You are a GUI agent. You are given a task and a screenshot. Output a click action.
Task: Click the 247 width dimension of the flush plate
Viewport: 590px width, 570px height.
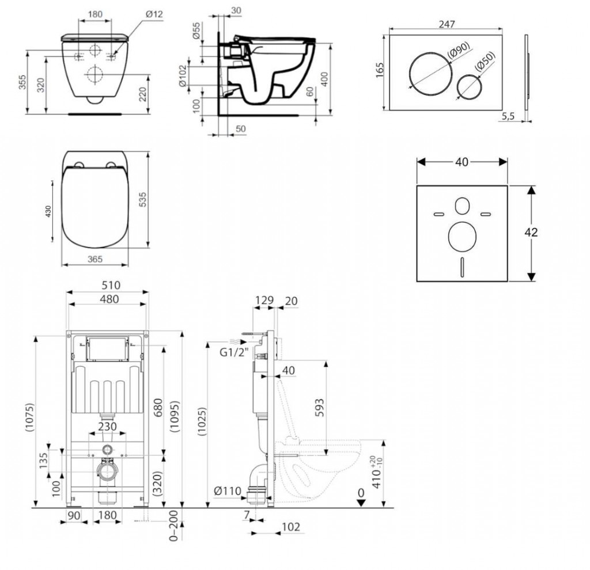point(447,24)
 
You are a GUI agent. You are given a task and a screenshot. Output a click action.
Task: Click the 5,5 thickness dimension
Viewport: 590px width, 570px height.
point(508,116)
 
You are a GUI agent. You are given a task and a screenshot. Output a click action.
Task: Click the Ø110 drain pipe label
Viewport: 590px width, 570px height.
point(226,491)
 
